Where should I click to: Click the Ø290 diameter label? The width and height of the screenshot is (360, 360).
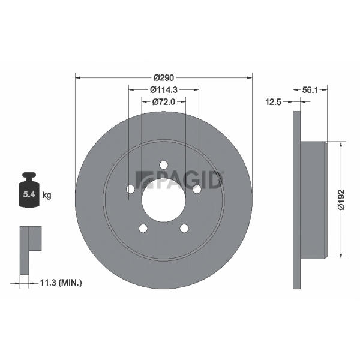point(164,78)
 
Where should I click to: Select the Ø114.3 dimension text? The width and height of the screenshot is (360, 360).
point(164,90)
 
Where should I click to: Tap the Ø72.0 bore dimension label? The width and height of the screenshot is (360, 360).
point(164,102)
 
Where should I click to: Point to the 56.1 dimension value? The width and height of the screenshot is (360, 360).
point(310,90)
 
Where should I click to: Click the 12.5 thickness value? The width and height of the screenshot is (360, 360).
point(273,102)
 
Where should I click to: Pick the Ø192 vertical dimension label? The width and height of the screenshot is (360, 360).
point(341,200)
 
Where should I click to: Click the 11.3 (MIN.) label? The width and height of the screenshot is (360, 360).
point(61,283)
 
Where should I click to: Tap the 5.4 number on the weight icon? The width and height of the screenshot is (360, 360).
point(29,194)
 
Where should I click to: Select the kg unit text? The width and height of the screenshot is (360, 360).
point(47,196)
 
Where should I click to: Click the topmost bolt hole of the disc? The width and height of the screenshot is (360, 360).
point(164,165)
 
